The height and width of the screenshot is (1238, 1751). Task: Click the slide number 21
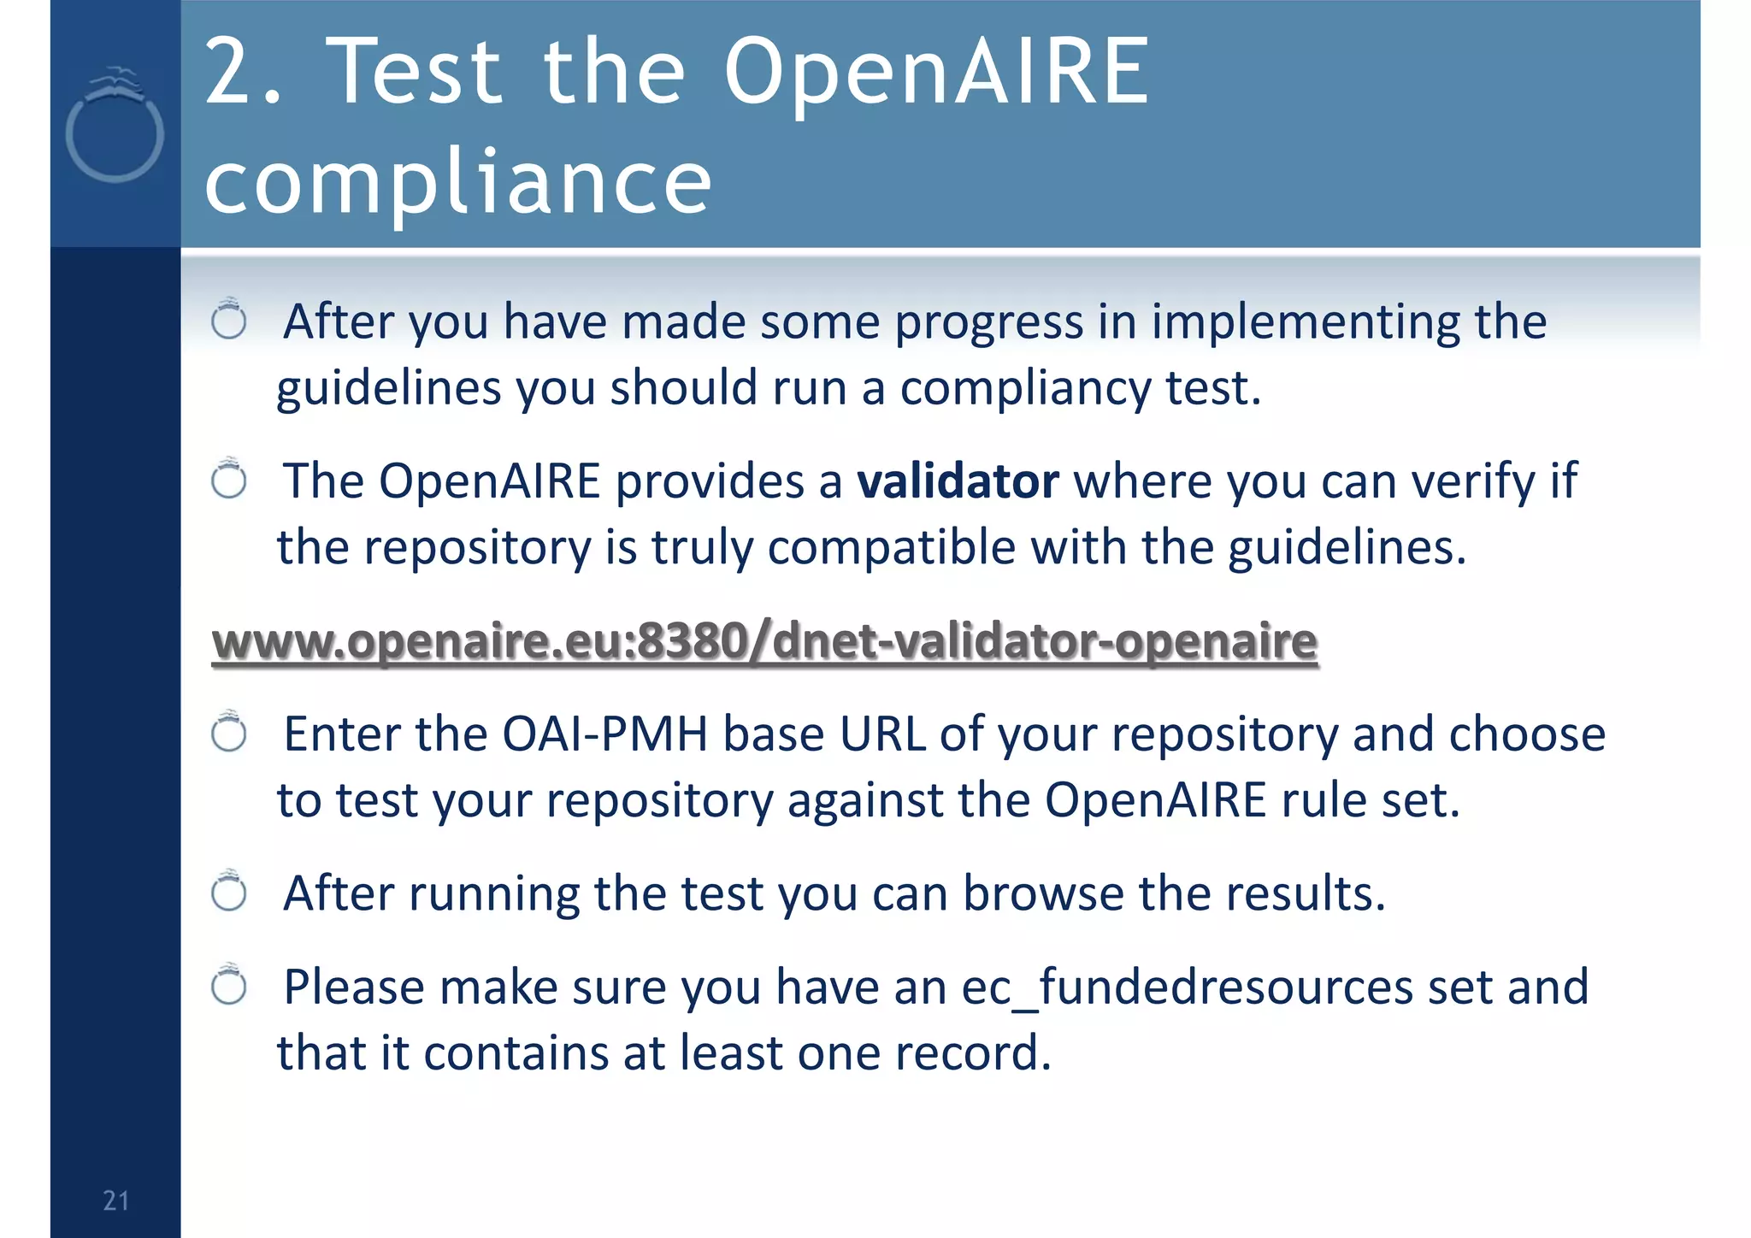pos(115,1200)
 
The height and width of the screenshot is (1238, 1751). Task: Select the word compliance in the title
pos(458,181)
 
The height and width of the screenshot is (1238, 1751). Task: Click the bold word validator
pos(958,481)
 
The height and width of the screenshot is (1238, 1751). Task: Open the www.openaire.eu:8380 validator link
pos(764,641)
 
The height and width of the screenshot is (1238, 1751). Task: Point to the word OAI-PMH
pos(605,734)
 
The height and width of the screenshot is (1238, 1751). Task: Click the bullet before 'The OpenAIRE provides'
pos(229,480)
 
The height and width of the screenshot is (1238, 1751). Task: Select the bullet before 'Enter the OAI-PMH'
pos(229,733)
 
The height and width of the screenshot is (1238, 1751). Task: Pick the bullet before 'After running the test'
pos(229,893)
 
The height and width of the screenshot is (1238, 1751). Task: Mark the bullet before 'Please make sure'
pos(229,986)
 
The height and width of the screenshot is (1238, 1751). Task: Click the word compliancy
pos(1026,389)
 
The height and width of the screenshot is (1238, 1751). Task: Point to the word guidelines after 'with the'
pos(1347,548)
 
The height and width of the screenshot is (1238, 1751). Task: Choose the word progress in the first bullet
pos(989,323)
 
